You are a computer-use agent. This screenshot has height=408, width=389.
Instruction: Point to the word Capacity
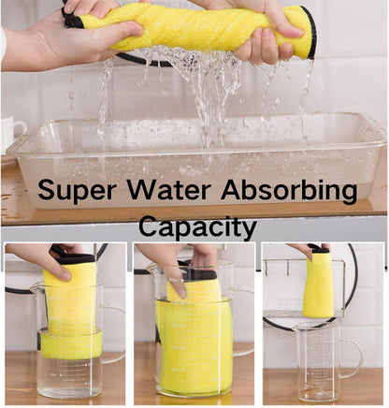[x=196, y=226]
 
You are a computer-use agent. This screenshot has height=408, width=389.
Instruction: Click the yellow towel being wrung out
[x=187, y=28]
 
